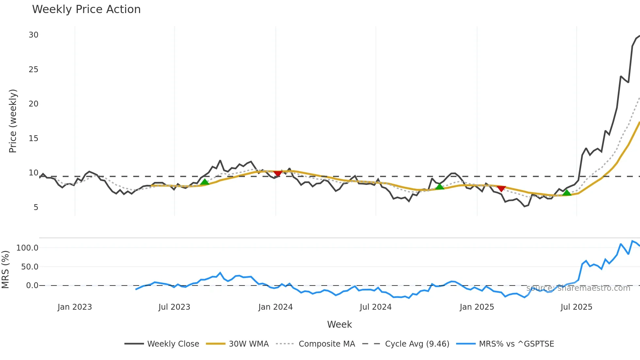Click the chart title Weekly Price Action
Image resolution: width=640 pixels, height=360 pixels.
click(86, 9)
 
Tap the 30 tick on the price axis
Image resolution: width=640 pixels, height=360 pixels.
click(33, 35)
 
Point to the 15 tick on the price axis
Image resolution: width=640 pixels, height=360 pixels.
click(33, 139)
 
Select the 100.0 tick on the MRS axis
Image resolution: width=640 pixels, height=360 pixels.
click(27, 248)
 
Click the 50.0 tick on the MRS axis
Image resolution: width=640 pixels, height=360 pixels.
click(30, 267)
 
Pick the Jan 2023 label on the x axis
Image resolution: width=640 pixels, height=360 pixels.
click(75, 307)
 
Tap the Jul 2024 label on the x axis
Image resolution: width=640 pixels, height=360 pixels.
click(376, 307)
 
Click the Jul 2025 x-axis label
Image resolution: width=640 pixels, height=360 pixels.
click(576, 307)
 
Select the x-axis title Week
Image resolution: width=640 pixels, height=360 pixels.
click(339, 324)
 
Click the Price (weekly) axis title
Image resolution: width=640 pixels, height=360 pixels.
click(13, 121)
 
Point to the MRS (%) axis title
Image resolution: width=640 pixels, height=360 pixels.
click(5, 270)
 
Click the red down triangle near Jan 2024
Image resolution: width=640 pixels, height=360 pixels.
click(278, 173)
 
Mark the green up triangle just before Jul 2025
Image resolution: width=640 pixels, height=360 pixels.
click(567, 193)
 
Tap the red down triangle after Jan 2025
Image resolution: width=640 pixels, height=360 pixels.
click(501, 189)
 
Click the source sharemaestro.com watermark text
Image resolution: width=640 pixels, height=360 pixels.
click(578, 288)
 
